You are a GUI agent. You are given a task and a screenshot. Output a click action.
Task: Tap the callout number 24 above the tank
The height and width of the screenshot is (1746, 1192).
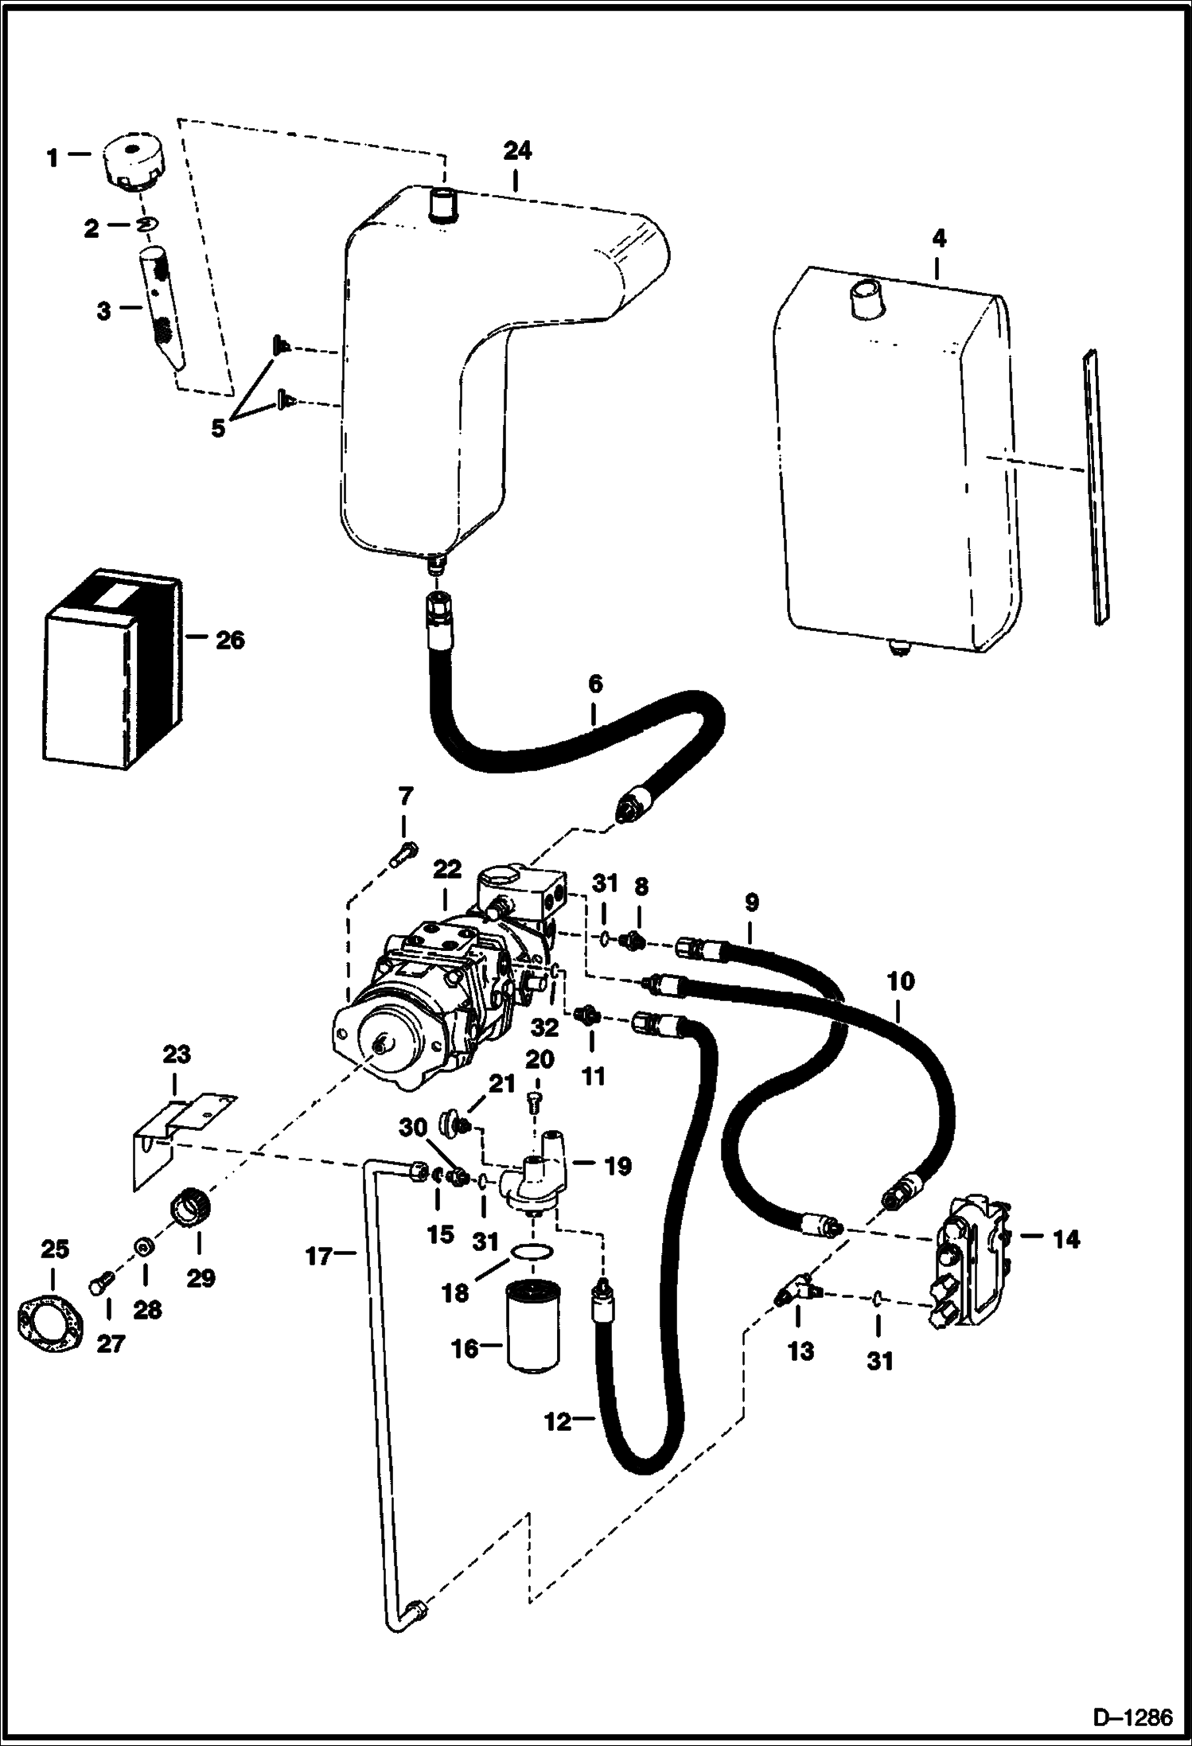tap(517, 151)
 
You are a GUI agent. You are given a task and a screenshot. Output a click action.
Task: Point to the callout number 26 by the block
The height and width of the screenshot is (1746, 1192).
tap(229, 640)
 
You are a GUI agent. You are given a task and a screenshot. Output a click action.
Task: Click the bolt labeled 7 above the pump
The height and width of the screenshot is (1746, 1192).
tap(403, 854)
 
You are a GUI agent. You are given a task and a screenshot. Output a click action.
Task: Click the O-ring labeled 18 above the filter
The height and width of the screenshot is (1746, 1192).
tap(532, 1252)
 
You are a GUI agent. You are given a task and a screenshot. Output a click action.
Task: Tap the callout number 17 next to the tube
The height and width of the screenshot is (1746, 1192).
tap(319, 1257)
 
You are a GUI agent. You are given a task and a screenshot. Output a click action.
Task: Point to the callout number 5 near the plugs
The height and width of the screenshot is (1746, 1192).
tap(218, 427)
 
